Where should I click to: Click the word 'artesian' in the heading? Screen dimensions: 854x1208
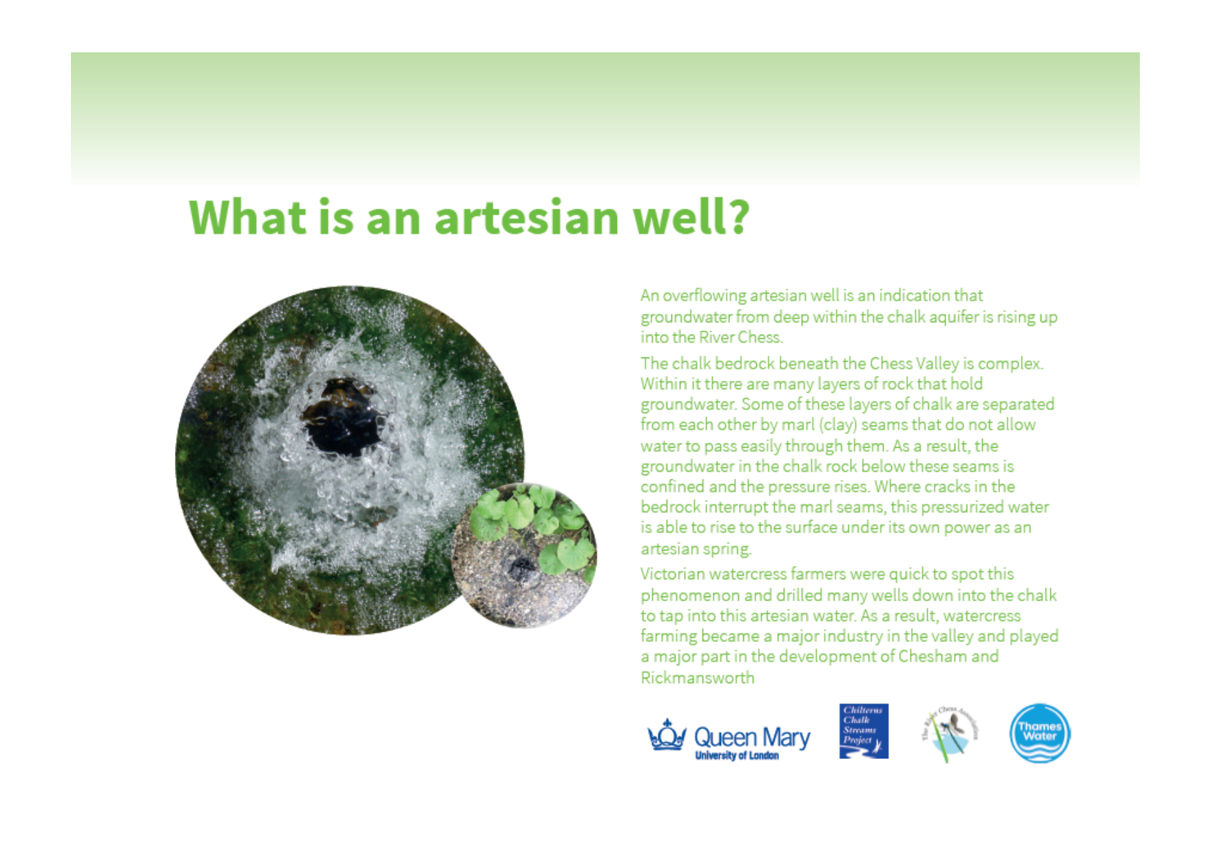pos(526,218)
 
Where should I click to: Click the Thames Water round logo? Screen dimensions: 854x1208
pos(1039,733)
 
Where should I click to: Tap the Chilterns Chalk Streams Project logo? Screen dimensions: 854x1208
pos(864,731)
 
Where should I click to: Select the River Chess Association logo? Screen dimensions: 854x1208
pos(950,733)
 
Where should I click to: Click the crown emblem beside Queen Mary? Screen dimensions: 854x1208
pos(667,736)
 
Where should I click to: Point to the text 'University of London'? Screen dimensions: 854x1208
pos(736,756)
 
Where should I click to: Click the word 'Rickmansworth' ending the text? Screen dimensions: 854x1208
pos(697,678)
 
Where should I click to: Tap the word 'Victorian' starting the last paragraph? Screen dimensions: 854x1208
pos(669,574)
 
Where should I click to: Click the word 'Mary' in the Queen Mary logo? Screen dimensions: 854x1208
pos(786,738)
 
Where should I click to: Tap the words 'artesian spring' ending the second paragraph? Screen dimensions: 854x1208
pos(695,549)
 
